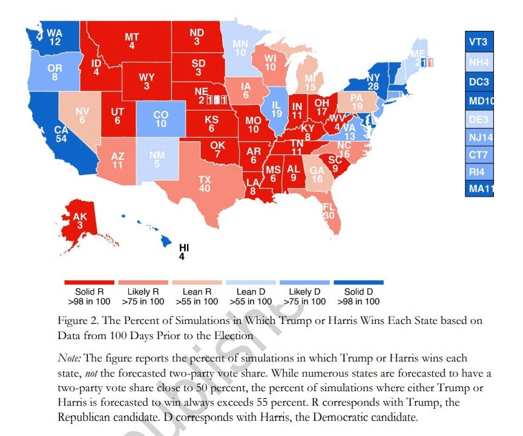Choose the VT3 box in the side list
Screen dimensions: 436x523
tap(478, 42)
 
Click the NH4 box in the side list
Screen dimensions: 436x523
tap(478, 62)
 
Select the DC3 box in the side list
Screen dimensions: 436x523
tap(478, 81)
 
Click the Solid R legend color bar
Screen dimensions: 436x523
tap(89, 282)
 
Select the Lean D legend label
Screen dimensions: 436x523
tap(251, 296)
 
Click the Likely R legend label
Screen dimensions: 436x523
tap(143, 296)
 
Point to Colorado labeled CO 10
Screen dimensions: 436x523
tap(160, 119)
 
